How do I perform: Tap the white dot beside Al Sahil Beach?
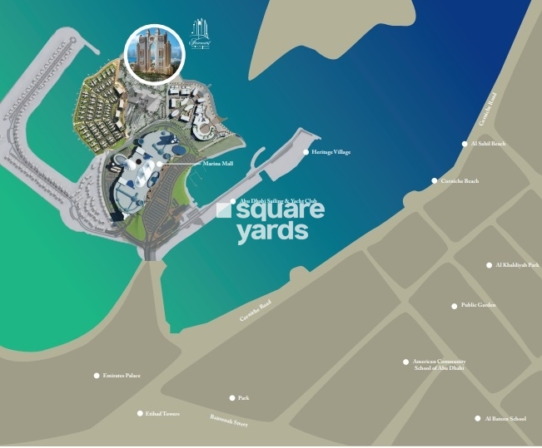pyautogui.click(x=465, y=144)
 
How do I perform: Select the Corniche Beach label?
pyautogui.click(x=460, y=180)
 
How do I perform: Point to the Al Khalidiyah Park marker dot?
pyautogui.click(x=490, y=265)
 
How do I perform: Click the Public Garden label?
pyautogui.click(x=479, y=306)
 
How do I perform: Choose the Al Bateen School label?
pyautogui.click(x=505, y=419)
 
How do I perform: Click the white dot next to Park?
pyautogui.click(x=232, y=398)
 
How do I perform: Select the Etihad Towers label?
pyautogui.click(x=163, y=413)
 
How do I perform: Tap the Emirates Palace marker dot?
pyautogui.click(x=97, y=376)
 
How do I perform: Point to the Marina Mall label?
pyautogui.click(x=217, y=165)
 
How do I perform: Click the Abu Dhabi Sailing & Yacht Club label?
pyautogui.click(x=278, y=201)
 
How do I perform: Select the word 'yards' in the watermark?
pyautogui.click(x=272, y=232)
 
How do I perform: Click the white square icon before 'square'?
pyautogui.click(x=223, y=210)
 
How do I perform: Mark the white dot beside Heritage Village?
pyautogui.click(x=306, y=152)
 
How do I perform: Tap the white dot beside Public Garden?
pyautogui.click(x=455, y=306)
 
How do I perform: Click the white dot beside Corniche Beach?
pyautogui.click(x=434, y=180)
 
